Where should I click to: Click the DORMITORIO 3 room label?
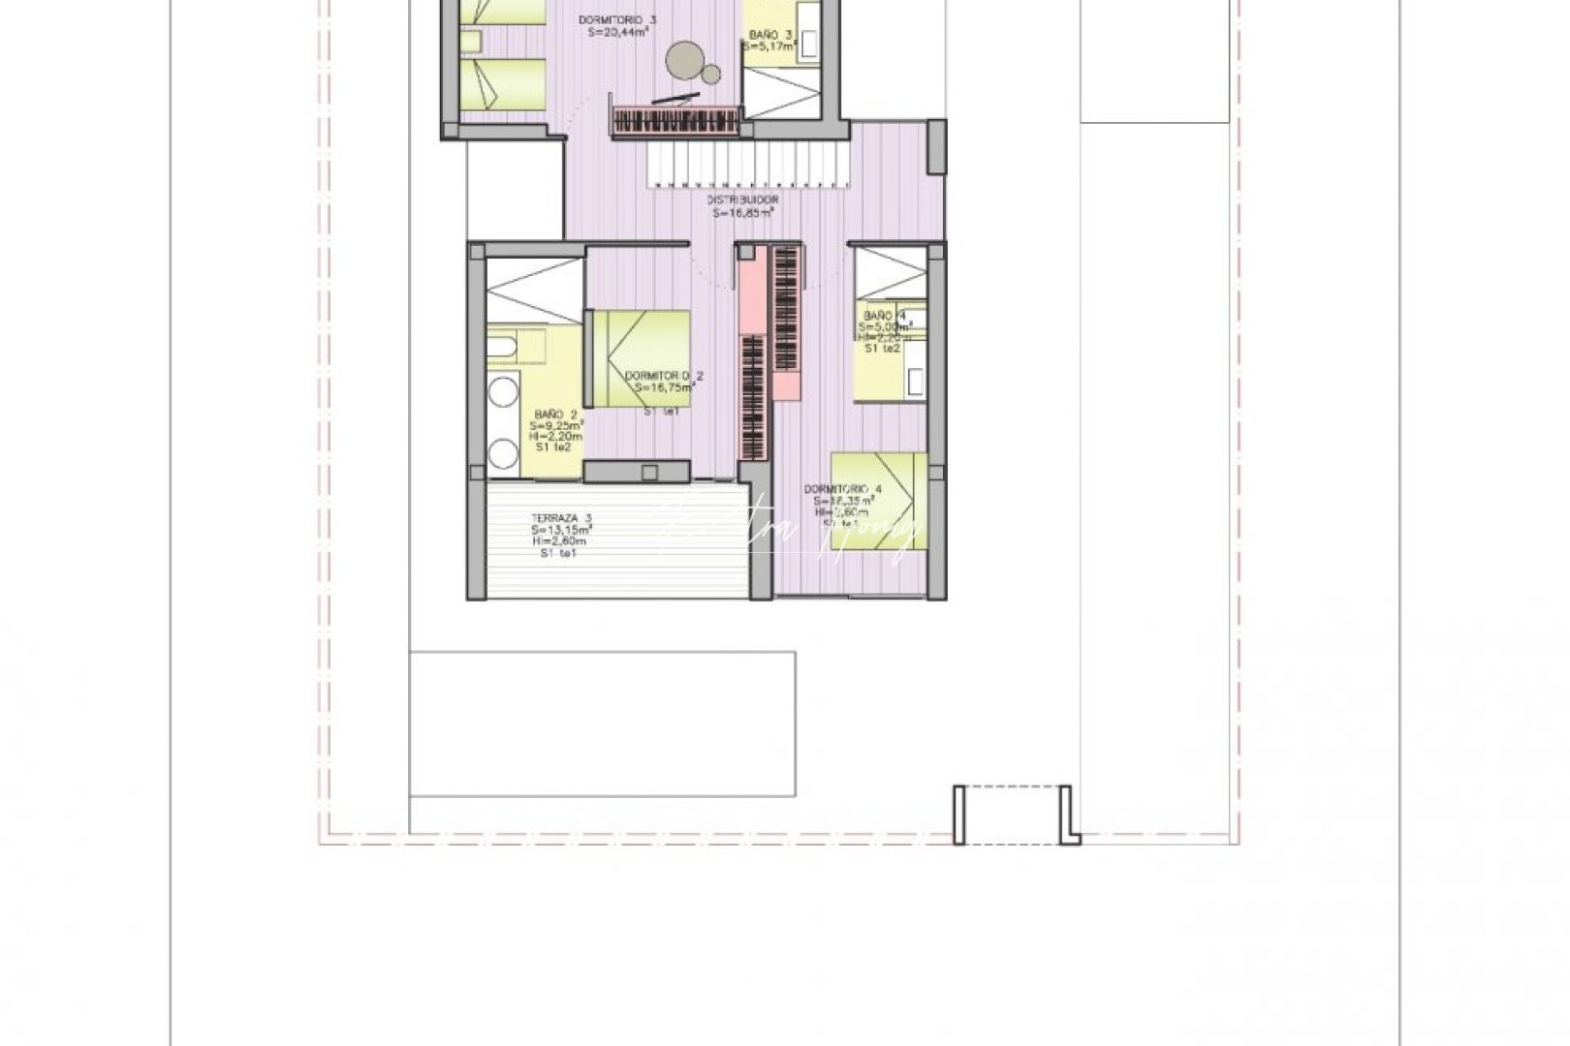click(617, 18)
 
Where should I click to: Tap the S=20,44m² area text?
click(617, 31)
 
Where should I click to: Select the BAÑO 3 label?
click(770, 35)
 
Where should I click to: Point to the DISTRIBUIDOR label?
click(743, 200)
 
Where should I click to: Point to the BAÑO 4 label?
click(884, 317)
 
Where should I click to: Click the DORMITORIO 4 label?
click(842, 489)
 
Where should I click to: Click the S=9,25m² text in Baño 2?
click(555, 425)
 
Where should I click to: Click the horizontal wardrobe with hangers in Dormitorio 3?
click(676, 122)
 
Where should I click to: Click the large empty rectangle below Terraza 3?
click(602, 723)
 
